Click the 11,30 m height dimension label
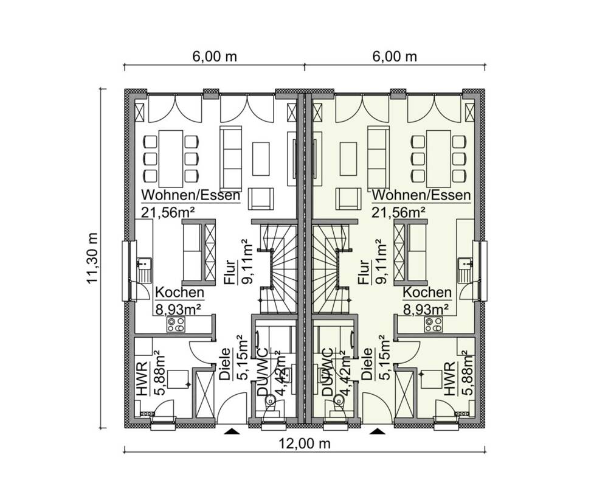point(92,258)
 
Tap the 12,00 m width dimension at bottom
point(305,443)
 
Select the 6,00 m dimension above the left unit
point(215,57)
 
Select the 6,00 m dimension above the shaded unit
point(395,57)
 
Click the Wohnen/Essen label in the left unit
point(191,195)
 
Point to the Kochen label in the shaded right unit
point(427,292)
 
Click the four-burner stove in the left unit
point(176,324)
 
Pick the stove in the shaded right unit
point(433,324)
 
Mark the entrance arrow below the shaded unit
point(377,431)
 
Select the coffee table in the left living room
point(261,159)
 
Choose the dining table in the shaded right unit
point(438,159)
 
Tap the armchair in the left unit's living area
point(261,199)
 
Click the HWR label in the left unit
point(142,379)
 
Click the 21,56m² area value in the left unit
point(168,212)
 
